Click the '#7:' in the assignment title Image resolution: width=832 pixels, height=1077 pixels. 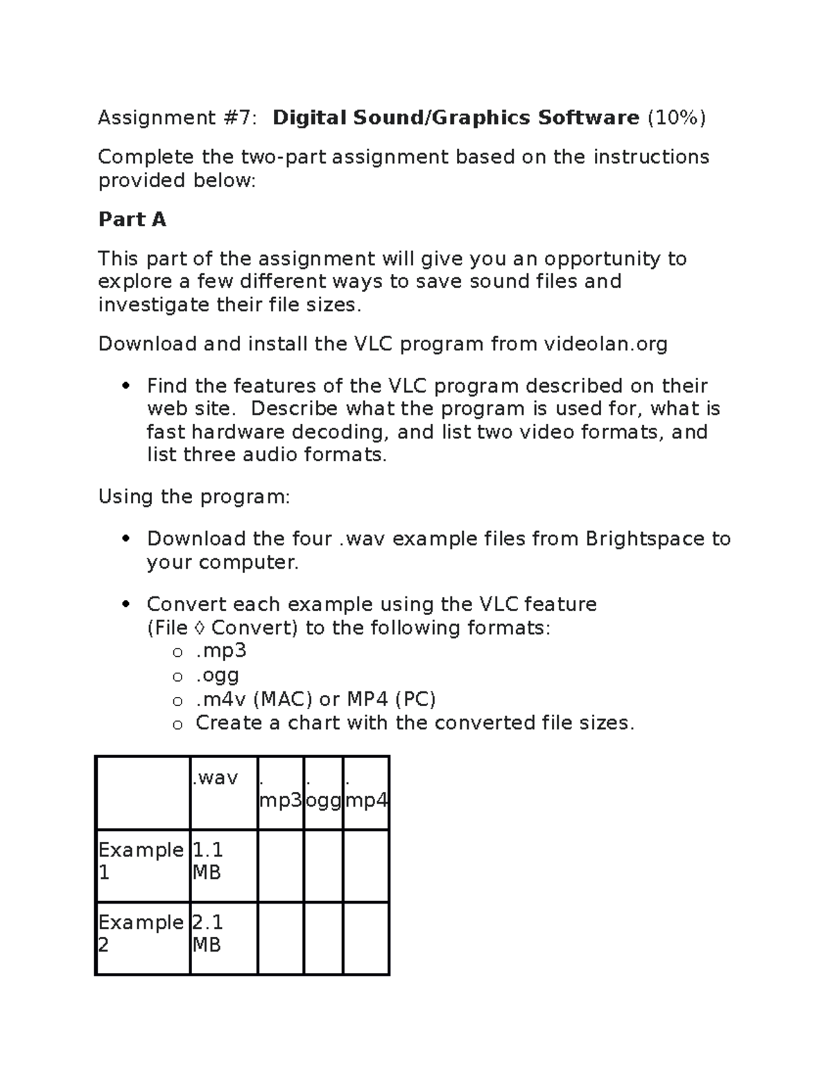click(x=240, y=118)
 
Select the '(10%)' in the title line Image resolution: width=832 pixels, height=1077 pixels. click(x=676, y=118)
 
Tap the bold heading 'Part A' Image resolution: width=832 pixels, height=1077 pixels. click(x=132, y=220)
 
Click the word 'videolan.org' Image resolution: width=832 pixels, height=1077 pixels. click(x=605, y=345)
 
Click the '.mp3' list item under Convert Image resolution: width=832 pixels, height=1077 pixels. click(x=221, y=651)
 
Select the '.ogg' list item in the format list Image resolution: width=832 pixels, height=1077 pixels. click(x=217, y=675)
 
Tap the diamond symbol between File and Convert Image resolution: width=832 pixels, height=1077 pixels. click(x=200, y=628)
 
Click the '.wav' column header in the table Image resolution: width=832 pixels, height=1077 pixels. click(x=216, y=778)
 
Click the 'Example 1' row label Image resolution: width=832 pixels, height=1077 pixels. click(x=141, y=861)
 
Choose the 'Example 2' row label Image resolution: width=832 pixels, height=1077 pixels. click(x=141, y=933)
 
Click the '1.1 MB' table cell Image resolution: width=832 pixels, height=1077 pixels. click(x=208, y=861)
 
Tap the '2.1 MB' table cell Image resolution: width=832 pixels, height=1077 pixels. click(x=208, y=933)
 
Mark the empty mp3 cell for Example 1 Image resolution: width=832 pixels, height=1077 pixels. click(x=280, y=865)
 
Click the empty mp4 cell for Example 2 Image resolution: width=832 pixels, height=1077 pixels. click(x=365, y=938)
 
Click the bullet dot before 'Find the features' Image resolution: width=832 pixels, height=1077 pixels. click(x=125, y=386)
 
